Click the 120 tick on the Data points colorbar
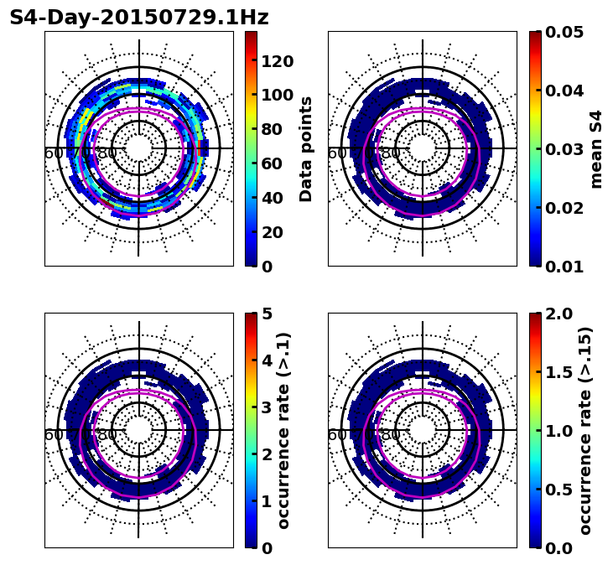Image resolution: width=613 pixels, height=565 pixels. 278,60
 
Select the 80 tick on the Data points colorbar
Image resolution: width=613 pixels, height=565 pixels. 273,129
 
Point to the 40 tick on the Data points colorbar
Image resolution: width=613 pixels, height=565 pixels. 273,198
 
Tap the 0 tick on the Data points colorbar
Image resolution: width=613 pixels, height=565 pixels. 268,267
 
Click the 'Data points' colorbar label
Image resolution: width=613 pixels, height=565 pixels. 306,148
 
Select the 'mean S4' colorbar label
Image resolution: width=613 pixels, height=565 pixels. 596,148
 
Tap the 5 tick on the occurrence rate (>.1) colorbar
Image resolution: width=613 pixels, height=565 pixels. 268,314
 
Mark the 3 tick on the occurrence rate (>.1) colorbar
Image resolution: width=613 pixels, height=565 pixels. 268,407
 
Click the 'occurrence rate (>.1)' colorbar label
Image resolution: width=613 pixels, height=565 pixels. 284,430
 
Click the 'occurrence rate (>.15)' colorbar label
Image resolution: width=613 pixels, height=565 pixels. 585,430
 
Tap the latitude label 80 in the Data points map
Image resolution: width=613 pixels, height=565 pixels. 107,153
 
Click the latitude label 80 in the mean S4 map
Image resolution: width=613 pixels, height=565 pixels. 391,153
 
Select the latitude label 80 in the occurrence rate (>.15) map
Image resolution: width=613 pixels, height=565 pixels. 391,435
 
